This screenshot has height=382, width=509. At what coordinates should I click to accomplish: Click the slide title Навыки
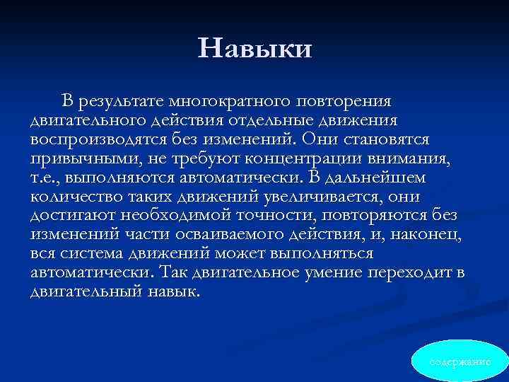[255, 47]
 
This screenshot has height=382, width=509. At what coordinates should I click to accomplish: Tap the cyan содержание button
[460, 361]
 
